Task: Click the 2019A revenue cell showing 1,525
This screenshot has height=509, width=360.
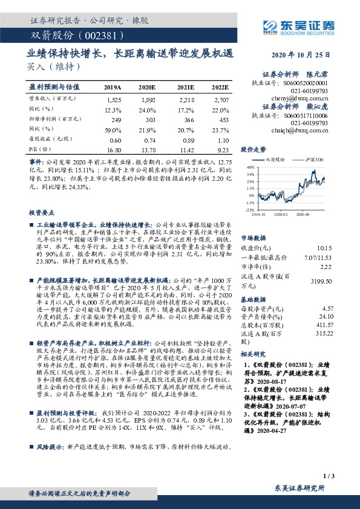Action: [113, 99]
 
